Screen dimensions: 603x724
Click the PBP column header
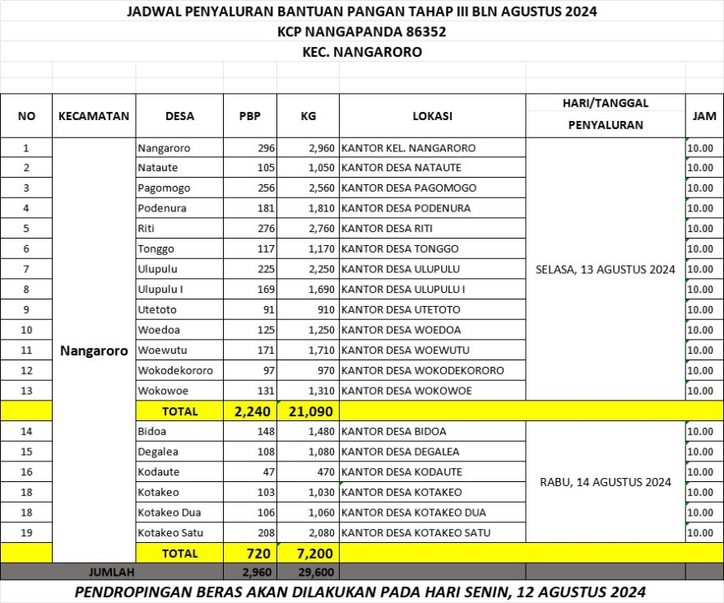pos(249,116)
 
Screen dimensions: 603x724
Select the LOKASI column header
pos(432,116)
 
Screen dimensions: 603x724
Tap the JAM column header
pos(704,116)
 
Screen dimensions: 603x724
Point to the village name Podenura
pos(162,208)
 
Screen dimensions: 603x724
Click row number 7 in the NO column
pos(26,269)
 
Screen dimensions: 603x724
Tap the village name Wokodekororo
pos(175,371)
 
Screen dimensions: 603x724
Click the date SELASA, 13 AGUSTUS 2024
pos(605,270)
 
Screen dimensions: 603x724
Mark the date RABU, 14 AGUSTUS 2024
pos(605,482)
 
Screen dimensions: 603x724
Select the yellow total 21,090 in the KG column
pos(309,411)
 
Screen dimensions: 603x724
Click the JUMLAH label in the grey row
pos(110,571)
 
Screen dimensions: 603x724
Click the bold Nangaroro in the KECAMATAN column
pos(94,350)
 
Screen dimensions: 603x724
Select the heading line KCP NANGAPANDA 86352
pos(362,32)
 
